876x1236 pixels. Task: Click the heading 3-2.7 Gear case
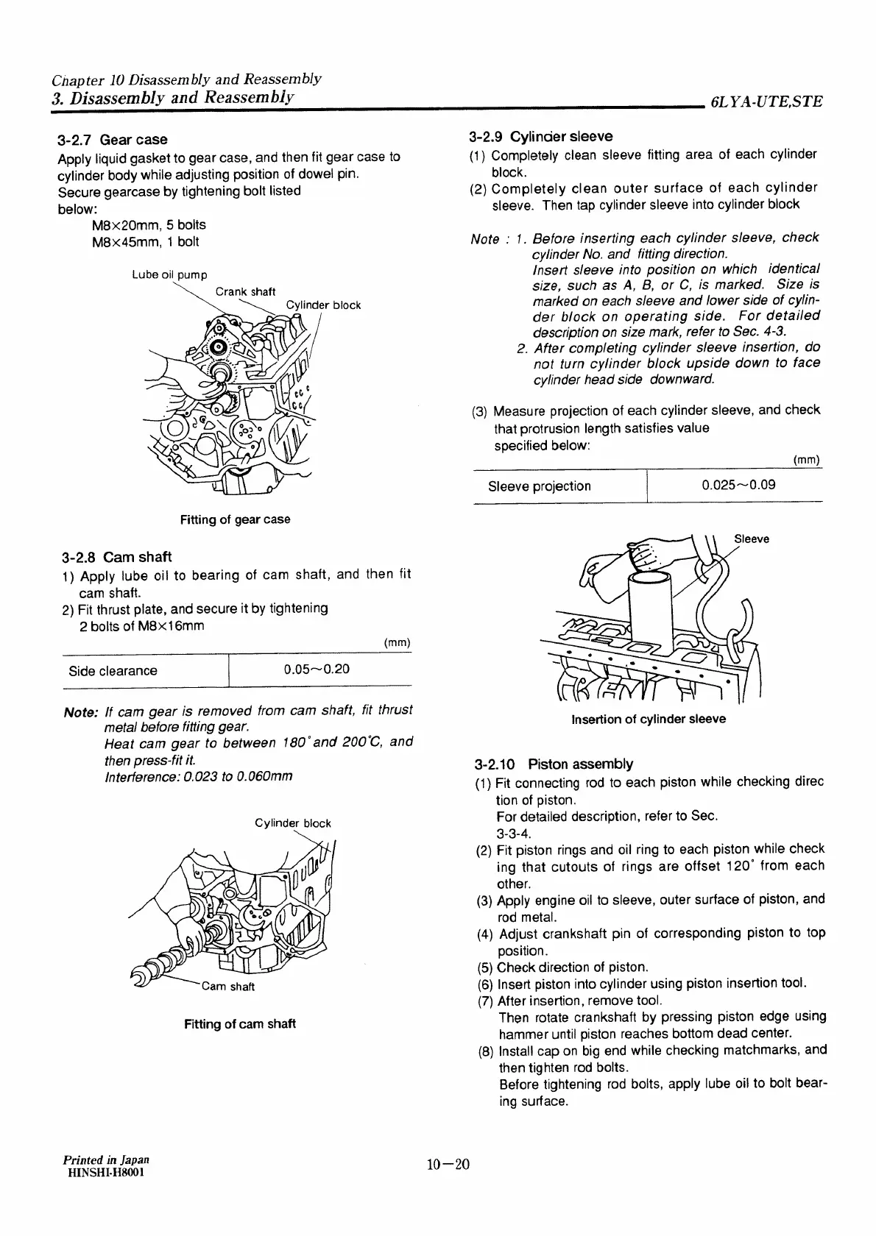click(x=112, y=140)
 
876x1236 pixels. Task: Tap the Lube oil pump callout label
click(x=169, y=275)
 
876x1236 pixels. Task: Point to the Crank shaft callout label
click(x=245, y=292)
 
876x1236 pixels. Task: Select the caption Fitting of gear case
click(x=235, y=519)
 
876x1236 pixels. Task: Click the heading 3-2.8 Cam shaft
click(x=117, y=557)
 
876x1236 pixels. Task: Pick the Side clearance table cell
click(x=113, y=670)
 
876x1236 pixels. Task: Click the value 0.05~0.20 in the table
click(x=317, y=669)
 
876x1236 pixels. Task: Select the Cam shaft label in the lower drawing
click(x=228, y=987)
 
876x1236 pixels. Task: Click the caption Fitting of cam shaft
click(x=240, y=1023)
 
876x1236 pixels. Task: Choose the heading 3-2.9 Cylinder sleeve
click(x=540, y=137)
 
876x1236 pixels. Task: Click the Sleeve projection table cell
click(x=539, y=486)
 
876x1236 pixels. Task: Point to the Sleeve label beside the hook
click(x=751, y=539)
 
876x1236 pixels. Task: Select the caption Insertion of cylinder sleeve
click(x=649, y=719)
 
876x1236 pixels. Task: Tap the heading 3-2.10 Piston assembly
click(x=554, y=764)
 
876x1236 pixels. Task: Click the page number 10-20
click(x=448, y=1165)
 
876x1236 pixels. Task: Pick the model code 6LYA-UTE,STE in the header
click(x=766, y=102)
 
